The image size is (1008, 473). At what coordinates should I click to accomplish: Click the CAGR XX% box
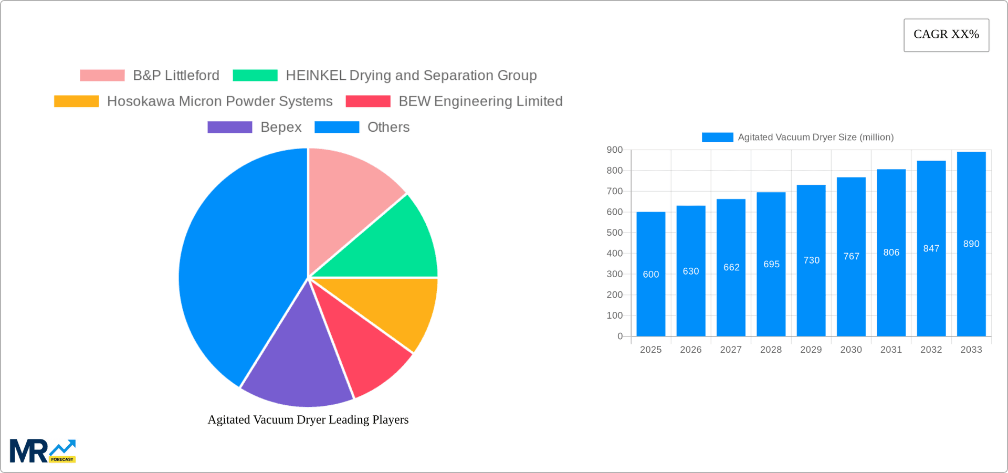946,35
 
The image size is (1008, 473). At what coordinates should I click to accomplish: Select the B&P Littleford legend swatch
102,76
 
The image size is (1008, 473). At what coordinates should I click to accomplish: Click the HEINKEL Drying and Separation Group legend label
411,76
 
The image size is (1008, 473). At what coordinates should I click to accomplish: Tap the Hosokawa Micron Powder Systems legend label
219,101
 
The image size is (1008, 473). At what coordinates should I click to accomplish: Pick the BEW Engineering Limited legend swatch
368,101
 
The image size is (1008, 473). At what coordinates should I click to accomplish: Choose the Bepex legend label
281,128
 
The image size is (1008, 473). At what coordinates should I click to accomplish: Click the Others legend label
388,128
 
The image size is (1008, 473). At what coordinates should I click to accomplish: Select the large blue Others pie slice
236,262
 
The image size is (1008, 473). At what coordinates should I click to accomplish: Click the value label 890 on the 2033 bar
971,244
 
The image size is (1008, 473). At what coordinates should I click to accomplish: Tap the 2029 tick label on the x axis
811,350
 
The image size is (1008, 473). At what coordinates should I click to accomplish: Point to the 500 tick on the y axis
614,233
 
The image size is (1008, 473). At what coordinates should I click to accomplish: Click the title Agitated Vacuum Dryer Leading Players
308,419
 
